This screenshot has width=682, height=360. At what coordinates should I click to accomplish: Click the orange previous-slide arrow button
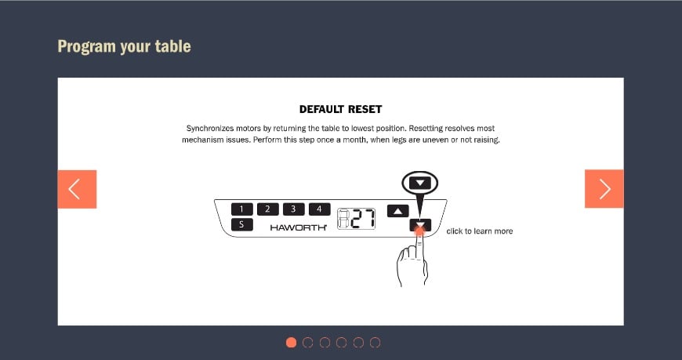click(77, 189)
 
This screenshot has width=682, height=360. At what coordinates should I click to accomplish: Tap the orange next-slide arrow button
click(604, 188)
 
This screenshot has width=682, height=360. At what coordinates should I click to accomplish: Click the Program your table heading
click(125, 46)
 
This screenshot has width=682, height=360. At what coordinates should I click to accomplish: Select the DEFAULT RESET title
click(340, 109)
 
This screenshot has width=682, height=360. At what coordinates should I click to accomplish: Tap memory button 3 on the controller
click(294, 209)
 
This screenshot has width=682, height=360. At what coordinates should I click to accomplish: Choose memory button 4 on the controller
click(319, 209)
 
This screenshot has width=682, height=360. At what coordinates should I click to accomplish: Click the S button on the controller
click(241, 224)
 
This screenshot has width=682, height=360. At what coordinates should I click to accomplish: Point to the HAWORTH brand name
click(299, 227)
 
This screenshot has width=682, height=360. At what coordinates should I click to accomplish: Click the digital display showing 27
click(357, 219)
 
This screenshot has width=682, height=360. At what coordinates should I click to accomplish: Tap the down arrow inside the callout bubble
click(419, 184)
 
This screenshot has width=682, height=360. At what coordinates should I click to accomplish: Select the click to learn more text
click(479, 231)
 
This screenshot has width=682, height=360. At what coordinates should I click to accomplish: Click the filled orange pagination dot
click(291, 343)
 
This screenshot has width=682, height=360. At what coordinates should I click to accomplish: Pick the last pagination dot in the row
click(375, 343)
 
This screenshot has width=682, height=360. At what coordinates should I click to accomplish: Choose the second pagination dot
click(307, 343)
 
